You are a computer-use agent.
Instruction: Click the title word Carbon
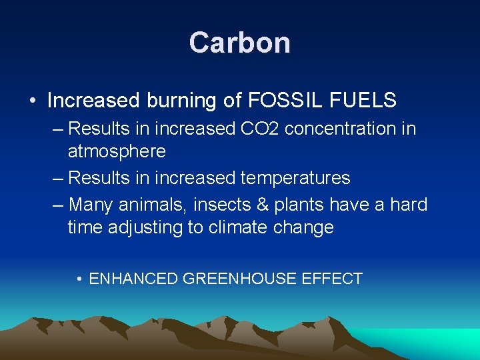point(239,43)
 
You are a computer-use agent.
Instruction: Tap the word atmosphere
point(117,151)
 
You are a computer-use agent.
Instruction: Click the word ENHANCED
point(133,279)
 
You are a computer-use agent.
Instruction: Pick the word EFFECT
point(332,279)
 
